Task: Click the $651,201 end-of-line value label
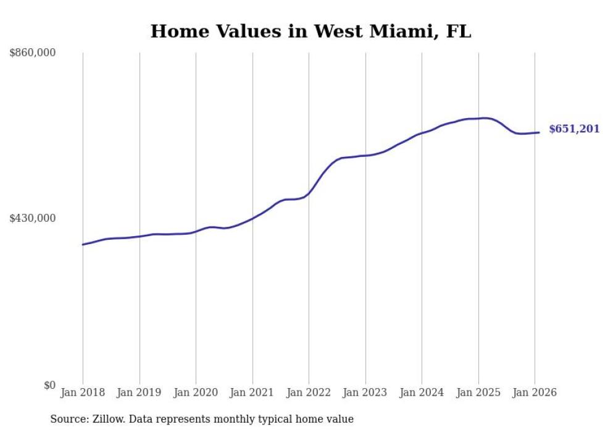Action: tap(574, 129)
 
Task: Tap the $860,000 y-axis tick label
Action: tap(33, 53)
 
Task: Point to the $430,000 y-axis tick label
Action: tap(33, 218)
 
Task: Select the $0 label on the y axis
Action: tap(49, 386)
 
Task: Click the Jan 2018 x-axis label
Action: tap(83, 392)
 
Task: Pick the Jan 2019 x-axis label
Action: tap(140, 392)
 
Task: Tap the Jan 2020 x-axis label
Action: tap(196, 392)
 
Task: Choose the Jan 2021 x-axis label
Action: tap(252, 392)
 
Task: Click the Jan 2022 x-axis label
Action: tap(309, 392)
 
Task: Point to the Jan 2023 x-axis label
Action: tap(365, 392)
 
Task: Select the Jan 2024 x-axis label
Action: tap(422, 392)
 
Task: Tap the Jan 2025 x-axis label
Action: tap(478, 392)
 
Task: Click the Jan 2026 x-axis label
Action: tap(535, 392)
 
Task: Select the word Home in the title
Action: tap(176, 32)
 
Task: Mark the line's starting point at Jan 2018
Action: tap(83, 245)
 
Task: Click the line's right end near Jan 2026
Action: tap(539, 132)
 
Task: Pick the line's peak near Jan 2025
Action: tap(486, 118)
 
